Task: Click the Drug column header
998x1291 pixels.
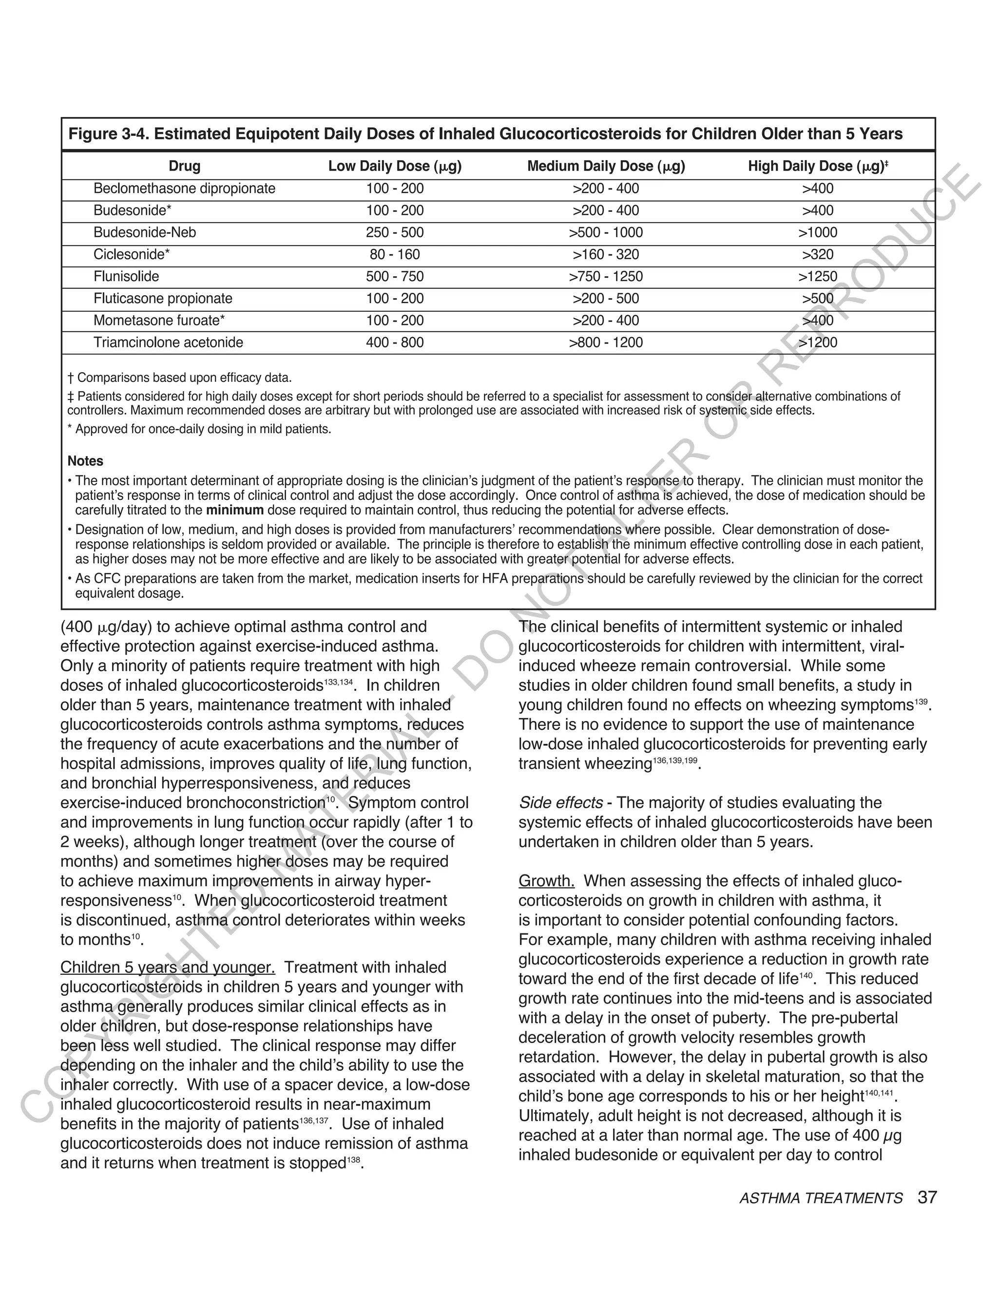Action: pyautogui.click(x=185, y=166)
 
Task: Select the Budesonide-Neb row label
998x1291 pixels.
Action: pyautogui.click(x=144, y=232)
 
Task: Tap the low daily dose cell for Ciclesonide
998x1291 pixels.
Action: pyautogui.click(x=394, y=255)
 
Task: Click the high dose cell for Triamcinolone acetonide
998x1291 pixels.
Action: pyautogui.click(x=818, y=342)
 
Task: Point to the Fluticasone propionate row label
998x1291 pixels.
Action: pyautogui.click(x=163, y=299)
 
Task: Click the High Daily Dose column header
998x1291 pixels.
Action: pyautogui.click(x=818, y=166)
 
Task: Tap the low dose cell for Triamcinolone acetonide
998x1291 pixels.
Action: pyautogui.click(x=394, y=342)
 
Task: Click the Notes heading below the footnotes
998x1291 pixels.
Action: pyautogui.click(x=85, y=461)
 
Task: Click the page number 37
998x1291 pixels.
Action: pyautogui.click(x=927, y=1197)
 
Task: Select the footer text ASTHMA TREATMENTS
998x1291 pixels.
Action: pyautogui.click(x=821, y=1198)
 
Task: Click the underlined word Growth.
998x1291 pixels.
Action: pyautogui.click(x=546, y=881)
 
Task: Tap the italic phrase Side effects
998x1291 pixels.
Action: pyautogui.click(x=560, y=803)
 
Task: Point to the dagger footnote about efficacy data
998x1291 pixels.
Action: pyautogui.click(x=180, y=378)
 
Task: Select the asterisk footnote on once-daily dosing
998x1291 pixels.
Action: pyautogui.click(x=199, y=429)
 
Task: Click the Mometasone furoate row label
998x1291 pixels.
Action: pyautogui.click(x=159, y=321)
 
